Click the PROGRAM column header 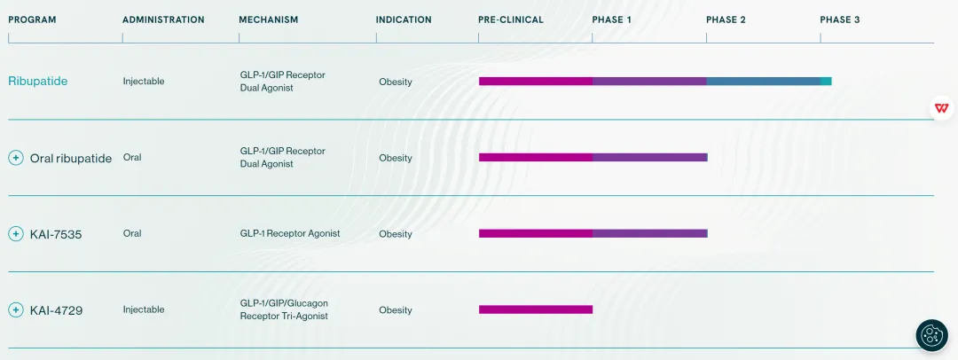[x=32, y=20]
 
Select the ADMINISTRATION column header [x=163, y=20]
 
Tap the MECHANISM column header [x=268, y=20]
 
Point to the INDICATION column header [x=404, y=20]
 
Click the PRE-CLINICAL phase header [x=511, y=20]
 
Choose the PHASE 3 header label [x=839, y=20]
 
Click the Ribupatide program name [x=38, y=82]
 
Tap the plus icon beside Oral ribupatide [x=16, y=158]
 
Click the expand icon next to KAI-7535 [x=16, y=234]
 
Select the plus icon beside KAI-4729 [x=16, y=310]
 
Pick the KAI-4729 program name [x=56, y=310]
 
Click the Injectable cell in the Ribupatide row [x=144, y=82]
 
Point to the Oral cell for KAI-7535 [x=132, y=234]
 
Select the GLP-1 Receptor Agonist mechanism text [x=289, y=234]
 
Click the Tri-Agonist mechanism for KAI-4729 [x=284, y=309]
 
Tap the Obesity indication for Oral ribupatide [x=396, y=158]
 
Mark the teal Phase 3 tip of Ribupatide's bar [x=826, y=82]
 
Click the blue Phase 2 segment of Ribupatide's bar [x=763, y=82]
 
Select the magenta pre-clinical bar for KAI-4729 [x=536, y=309]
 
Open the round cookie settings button [x=931, y=335]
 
